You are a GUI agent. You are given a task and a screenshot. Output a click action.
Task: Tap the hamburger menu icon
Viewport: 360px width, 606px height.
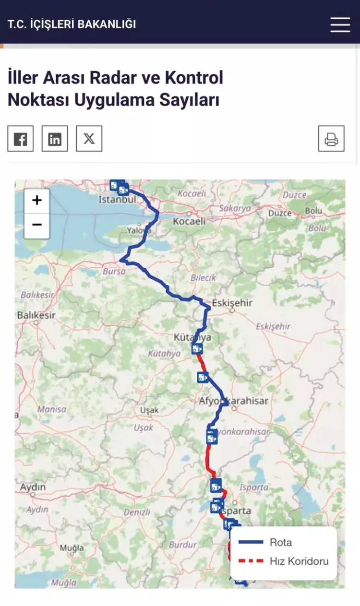click(340, 24)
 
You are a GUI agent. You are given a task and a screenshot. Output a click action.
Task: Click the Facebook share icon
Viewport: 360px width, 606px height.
click(20, 139)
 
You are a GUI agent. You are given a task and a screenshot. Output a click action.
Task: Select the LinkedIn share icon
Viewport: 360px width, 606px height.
click(55, 139)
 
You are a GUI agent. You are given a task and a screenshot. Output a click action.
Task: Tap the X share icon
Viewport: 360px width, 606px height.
click(89, 139)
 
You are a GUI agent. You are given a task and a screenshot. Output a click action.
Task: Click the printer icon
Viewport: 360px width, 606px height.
click(331, 139)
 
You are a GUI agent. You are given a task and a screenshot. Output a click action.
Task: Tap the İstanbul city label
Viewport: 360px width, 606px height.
click(117, 199)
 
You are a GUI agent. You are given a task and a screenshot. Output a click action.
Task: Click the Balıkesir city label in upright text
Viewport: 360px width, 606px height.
click(36, 315)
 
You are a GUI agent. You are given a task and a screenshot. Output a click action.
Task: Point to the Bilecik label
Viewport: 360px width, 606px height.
click(204, 277)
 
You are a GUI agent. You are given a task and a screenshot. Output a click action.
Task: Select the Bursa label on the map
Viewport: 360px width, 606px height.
click(114, 271)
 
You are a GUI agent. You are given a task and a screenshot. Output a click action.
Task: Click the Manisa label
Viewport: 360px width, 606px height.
click(51, 409)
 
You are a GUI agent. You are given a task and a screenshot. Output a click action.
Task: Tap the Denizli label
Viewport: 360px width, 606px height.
click(137, 512)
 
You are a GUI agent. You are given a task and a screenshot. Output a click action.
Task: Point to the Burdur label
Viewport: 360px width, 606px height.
click(183, 545)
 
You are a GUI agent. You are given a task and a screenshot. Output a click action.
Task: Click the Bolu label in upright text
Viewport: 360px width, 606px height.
click(313, 211)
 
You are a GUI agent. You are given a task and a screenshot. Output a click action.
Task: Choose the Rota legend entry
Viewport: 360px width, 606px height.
click(281, 542)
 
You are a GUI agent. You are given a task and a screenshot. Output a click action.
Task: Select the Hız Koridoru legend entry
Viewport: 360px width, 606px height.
click(299, 561)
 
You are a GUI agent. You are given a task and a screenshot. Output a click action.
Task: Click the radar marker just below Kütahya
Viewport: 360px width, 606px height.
click(197, 349)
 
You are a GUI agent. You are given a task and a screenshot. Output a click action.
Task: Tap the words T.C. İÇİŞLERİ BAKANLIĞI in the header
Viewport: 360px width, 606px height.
click(72, 24)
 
